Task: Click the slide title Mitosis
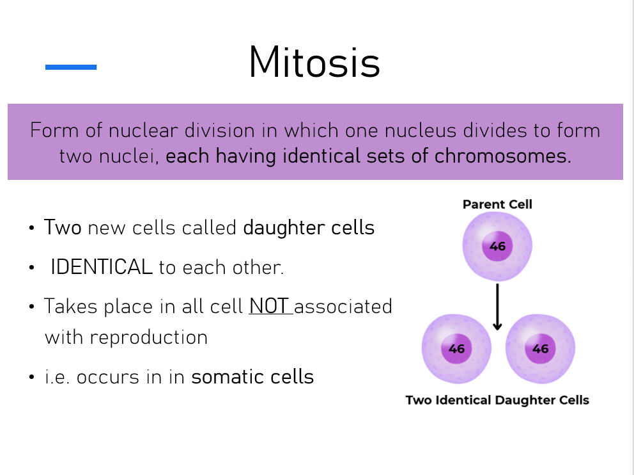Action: pyautogui.click(x=314, y=62)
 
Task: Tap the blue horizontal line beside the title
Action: pyautogui.click(x=71, y=67)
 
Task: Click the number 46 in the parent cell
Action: pyautogui.click(x=497, y=246)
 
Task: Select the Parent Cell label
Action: pyautogui.click(x=497, y=204)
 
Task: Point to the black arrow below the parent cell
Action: pyautogui.click(x=497, y=307)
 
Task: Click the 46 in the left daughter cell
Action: pyautogui.click(x=456, y=349)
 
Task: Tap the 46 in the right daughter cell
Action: pyautogui.click(x=540, y=349)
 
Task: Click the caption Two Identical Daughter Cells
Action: pyautogui.click(x=497, y=400)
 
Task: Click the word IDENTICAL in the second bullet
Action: pyautogui.click(x=102, y=267)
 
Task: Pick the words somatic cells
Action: pyautogui.click(x=252, y=376)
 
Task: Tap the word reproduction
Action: pyautogui.click(x=149, y=338)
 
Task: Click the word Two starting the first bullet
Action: pyautogui.click(x=63, y=227)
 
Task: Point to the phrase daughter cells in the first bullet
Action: pyautogui.click(x=309, y=228)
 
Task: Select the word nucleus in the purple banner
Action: pyautogui.click(x=420, y=131)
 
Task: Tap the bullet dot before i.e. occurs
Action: pyautogui.click(x=32, y=378)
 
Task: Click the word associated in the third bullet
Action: pyautogui.click(x=343, y=306)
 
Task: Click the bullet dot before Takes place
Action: pyautogui.click(x=32, y=307)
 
